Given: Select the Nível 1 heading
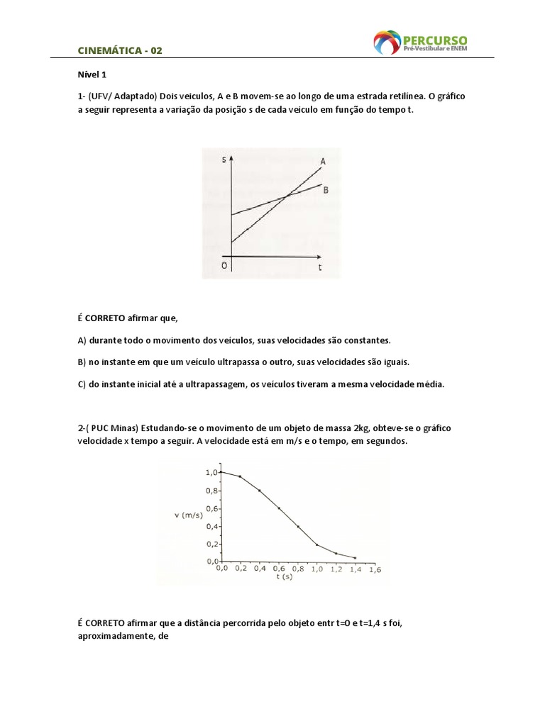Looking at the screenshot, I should (x=91, y=74).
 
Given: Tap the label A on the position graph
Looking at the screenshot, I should (x=323, y=162).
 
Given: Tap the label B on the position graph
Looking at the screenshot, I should (x=326, y=190).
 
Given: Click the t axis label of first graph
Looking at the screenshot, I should (x=320, y=268).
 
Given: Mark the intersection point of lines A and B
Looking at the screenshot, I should (x=285, y=196).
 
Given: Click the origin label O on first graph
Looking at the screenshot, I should (x=224, y=265).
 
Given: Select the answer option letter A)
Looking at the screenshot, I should (x=82, y=340).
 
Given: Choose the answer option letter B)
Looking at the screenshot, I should (x=82, y=362).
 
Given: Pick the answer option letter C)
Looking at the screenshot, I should (x=82, y=384).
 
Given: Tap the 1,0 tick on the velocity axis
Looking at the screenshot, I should (x=211, y=471).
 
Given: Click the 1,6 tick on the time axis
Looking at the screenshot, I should (x=375, y=569).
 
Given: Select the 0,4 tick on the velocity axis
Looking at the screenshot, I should (x=211, y=526).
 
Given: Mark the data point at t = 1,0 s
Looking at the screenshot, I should (x=316, y=544).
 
